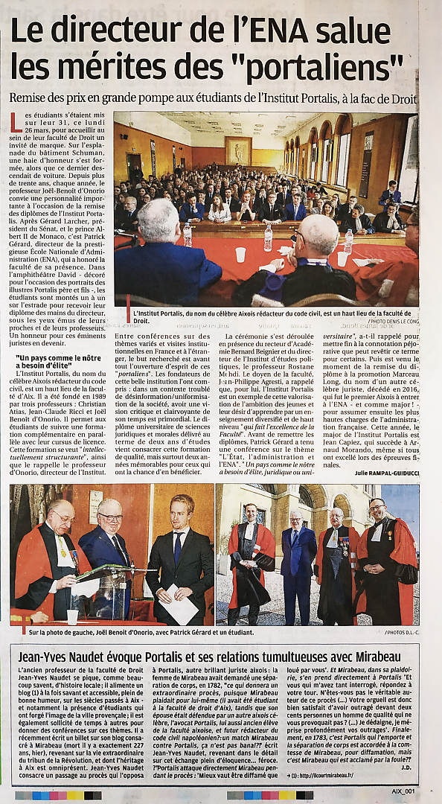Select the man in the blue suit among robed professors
(x=298, y=562)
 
